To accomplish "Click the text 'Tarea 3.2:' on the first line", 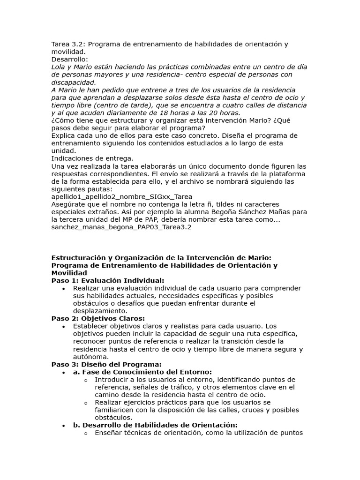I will tap(68, 45).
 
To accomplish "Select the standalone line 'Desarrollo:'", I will tap(69, 60).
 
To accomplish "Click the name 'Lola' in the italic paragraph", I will tap(59, 67).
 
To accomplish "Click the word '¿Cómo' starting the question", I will tap(62, 120).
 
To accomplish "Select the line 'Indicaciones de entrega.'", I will tap(92, 158).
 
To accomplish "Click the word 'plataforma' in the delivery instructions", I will tap(289, 174).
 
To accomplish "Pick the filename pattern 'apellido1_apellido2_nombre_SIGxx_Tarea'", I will tap(121, 197).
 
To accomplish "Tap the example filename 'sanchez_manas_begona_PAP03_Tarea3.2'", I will tap(121, 227).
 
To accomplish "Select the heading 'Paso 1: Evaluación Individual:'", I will tap(108, 280).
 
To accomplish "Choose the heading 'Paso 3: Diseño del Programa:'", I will tap(106, 364).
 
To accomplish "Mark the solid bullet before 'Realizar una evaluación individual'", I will tap(63, 288).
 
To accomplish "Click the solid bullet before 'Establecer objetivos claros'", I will tap(63, 326).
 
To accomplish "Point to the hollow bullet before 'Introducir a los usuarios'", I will tap(85, 380).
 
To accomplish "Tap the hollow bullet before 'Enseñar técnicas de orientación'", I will tap(85, 433).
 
